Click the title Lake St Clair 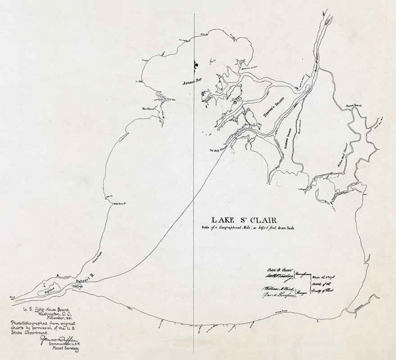[x=244, y=220]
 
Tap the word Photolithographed [x=26, y=323]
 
